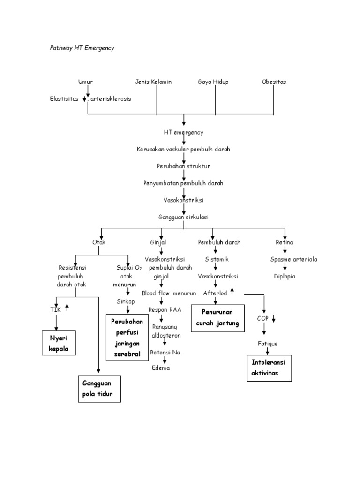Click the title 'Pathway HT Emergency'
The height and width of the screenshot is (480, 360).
tap(82, 48)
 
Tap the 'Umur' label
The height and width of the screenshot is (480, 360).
tap(85, 82)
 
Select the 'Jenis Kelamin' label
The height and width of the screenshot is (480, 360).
tap(153, 82)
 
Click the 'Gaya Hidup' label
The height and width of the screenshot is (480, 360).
tap(213, 82)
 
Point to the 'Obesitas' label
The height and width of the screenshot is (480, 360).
tap(274, 82)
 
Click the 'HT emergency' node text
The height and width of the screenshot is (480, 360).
tap(184, 132)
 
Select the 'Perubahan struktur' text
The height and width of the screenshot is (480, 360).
tap(183, 166)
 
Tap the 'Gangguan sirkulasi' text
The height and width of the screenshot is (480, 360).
tap(183, 217)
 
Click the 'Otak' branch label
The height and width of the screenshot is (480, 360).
tap(99, 242)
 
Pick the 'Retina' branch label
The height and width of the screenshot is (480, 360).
tap(285, 242)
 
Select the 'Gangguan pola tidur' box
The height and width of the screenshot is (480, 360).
tap(99, 389)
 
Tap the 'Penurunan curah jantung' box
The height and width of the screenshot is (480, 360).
tap(217, 318)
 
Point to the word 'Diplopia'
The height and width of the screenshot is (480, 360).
tap(285, 276)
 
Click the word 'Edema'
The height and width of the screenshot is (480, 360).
tap(161, 368)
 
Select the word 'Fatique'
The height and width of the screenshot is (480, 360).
tap(268, 344)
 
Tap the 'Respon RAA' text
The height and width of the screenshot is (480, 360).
tap(165, 310)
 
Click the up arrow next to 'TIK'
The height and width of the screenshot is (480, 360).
tap(67, 307)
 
